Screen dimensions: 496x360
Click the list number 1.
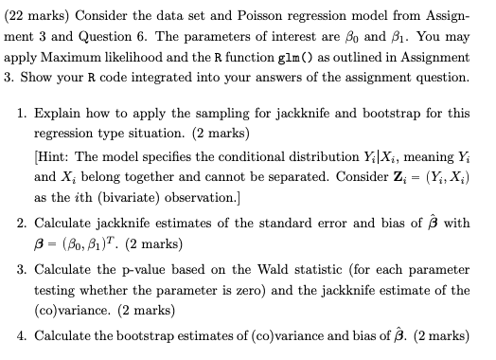[21, 113]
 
